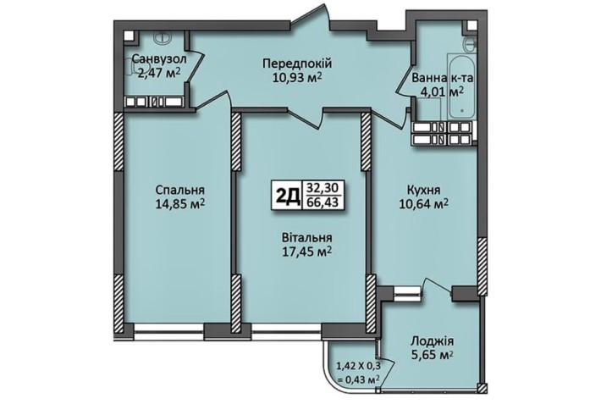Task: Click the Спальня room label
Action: coord(179,190)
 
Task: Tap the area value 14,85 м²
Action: coord(179,203)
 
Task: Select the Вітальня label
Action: coord(306,238)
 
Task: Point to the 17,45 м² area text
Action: coord(306,252)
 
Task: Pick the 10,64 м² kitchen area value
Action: coord(423,203)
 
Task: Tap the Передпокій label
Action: coord(296,64)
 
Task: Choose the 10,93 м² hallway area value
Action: coord(296,77)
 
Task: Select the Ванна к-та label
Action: coord(441,80)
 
